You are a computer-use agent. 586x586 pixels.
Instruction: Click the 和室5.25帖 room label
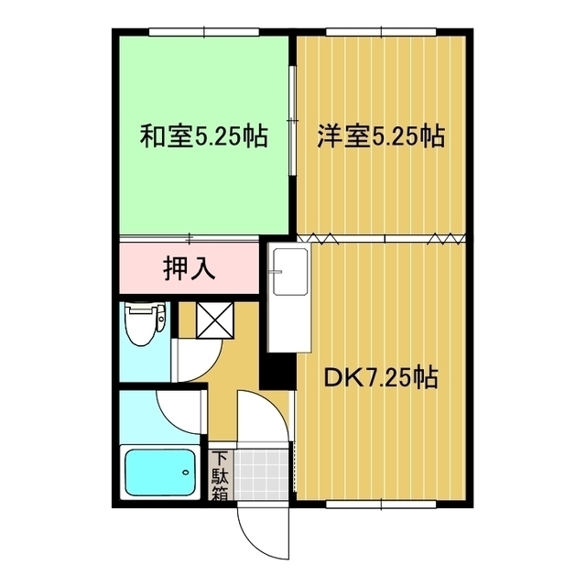pyautogui.click(x=202, y=137)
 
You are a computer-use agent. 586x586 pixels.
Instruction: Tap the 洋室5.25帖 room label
pyautogui.click(x=380, y=137)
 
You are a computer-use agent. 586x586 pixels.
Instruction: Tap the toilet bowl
pyautogui.click(x=144, y=324)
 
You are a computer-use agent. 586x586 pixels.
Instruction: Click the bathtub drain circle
pyautogui.click(x=186, y=472)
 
